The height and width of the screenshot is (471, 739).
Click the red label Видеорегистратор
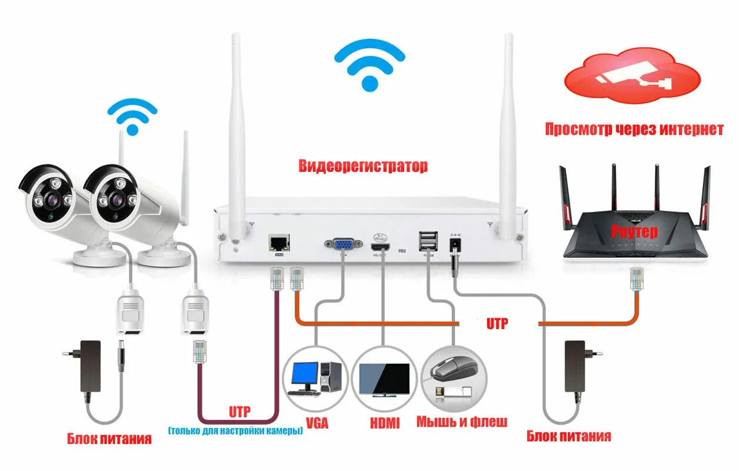(x=363, y=166)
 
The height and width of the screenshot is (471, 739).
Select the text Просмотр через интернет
(x=634, y=129)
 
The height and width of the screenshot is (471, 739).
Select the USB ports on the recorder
(x=428, y=240)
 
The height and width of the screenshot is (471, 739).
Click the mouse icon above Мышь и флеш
(x=452, y=369)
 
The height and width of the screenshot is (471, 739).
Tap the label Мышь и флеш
(x=462, y=422)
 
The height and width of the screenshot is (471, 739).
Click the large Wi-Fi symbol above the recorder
(x=369, y=66)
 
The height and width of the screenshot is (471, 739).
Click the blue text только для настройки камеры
(x=235, y=431)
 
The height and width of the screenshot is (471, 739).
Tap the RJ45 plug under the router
(x=636, y=279)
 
